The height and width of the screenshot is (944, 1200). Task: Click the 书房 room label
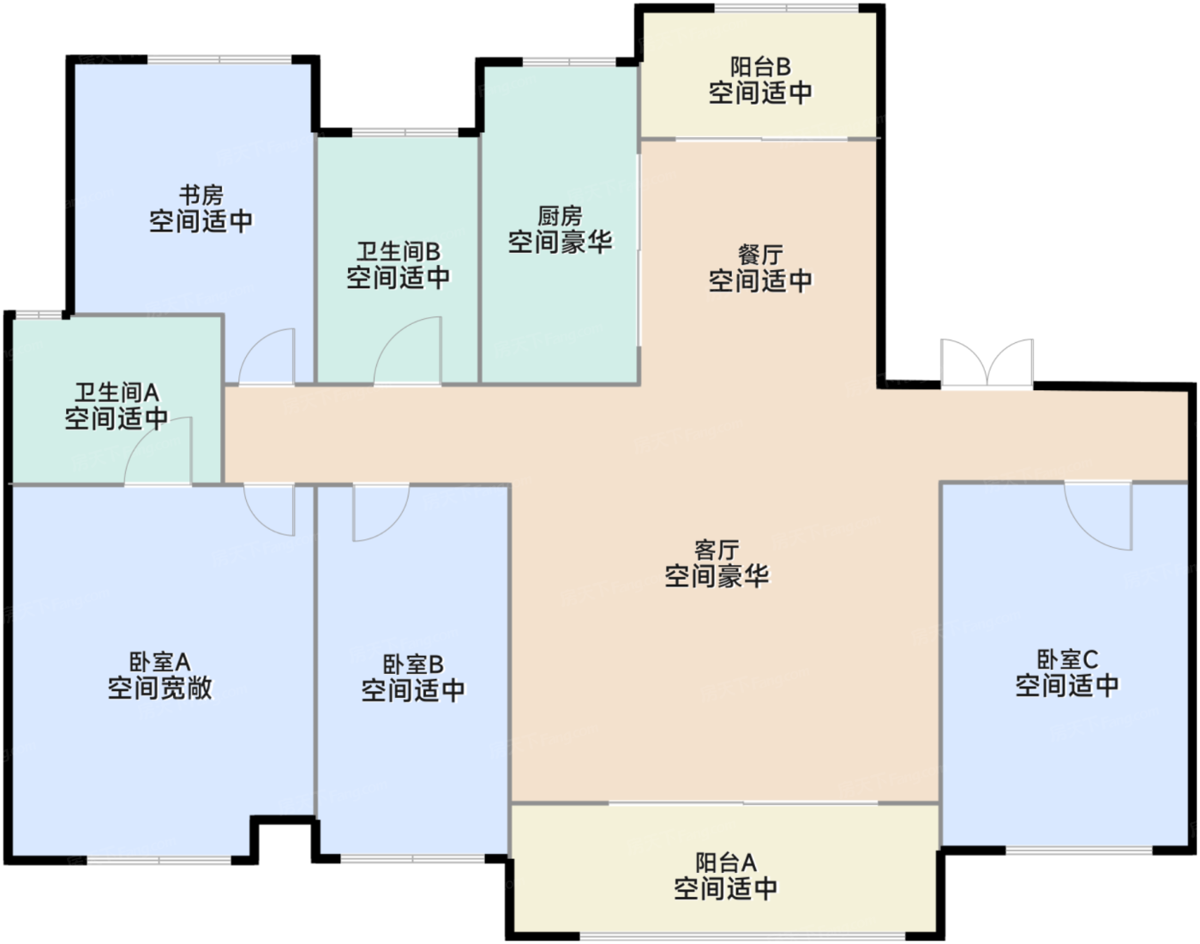pyautogui.click(x=201, y=195)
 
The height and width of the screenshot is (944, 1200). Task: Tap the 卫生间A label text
pyautogui.click(x=117, y=393)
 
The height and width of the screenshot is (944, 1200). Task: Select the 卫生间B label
pyautogui.click(x=398, y=251)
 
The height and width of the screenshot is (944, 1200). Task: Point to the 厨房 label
pyautogui.click(x=560, y=216)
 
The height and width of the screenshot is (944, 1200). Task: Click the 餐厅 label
pyautogui.click(x=760, y=255)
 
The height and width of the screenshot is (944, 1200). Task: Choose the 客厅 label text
pyautogui.click(x=717, y=550)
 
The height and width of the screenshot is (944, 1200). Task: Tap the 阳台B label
pyautogui.click(x=760, y=67)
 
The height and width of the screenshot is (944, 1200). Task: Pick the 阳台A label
pyautogui.click(x=725, y=863)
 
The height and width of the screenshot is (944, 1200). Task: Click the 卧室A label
pyautogui.click(x=159, y=662)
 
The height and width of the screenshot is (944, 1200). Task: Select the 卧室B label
pyautogui.click(x=413, y=664)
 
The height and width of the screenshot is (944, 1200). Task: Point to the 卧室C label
pyautogui.click(x=1067, y=659)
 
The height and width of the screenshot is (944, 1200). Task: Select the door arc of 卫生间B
pyautogui.click(x=408, y=352)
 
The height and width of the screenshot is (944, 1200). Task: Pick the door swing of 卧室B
pyautogui.click(x=380, y=513)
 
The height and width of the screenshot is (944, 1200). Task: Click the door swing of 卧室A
pyautogui.click(x=270, y=509)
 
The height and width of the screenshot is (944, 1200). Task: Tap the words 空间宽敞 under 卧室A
pyautogui.click(x=159, y=688)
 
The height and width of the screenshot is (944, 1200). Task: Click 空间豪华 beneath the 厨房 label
pyautogui.click(x=560, y=242)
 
